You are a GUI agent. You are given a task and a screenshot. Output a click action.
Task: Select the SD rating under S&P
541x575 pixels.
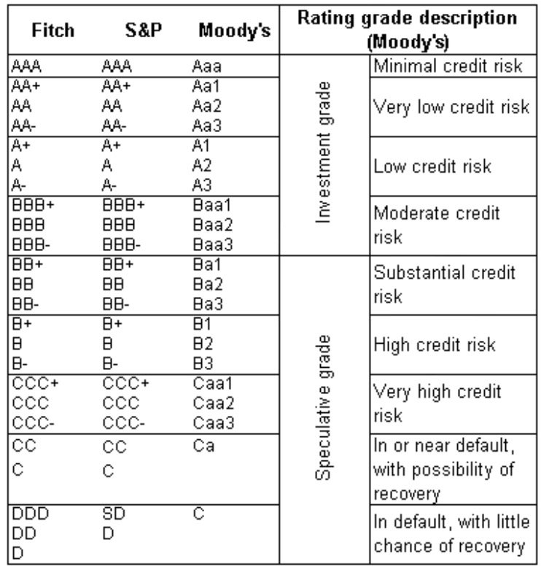click(x=114, y=515)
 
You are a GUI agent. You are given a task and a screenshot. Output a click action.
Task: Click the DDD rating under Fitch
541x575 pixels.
click(x=26, y=515)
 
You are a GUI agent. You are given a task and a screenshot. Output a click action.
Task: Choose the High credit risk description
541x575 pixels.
click(x=435, y=344)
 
